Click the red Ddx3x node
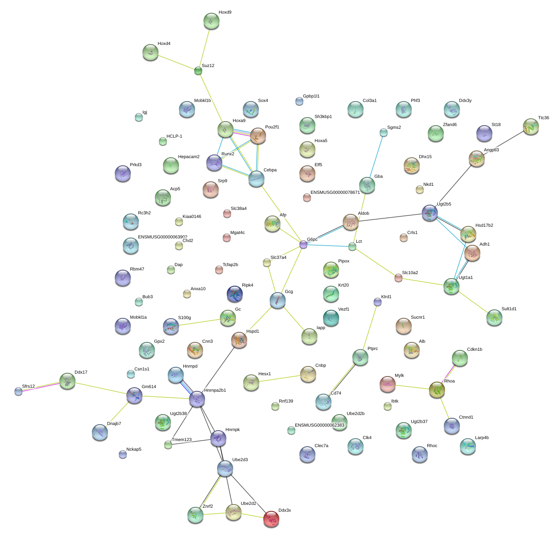coord(271,519)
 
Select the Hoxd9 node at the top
coord(211,21)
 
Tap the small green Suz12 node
coord(198,71)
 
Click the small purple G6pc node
coord(303,244)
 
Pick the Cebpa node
coord(256,179)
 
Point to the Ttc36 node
coord(531,126)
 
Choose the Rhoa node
coord(437,389)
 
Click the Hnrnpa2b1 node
coord(197,399)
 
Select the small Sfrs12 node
coord(18,391)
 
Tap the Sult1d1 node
coord(494,317)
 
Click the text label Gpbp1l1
coord(311,96)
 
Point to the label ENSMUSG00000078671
coord(335,193)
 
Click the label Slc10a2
coord(410,273)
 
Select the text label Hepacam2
coord(189,157)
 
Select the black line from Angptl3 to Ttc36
coord(504,142)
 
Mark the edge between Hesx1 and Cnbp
coord(279,378)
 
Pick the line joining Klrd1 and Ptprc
coord(369,325)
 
